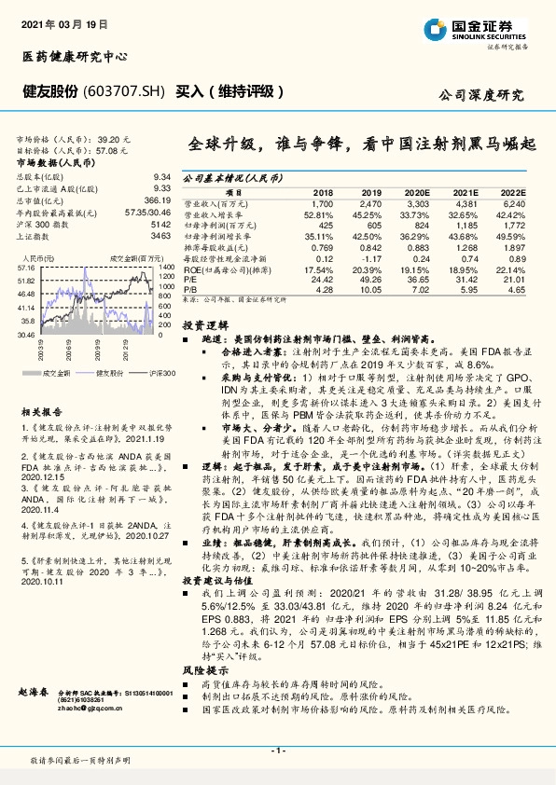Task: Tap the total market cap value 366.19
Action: (x=157, y=200)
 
